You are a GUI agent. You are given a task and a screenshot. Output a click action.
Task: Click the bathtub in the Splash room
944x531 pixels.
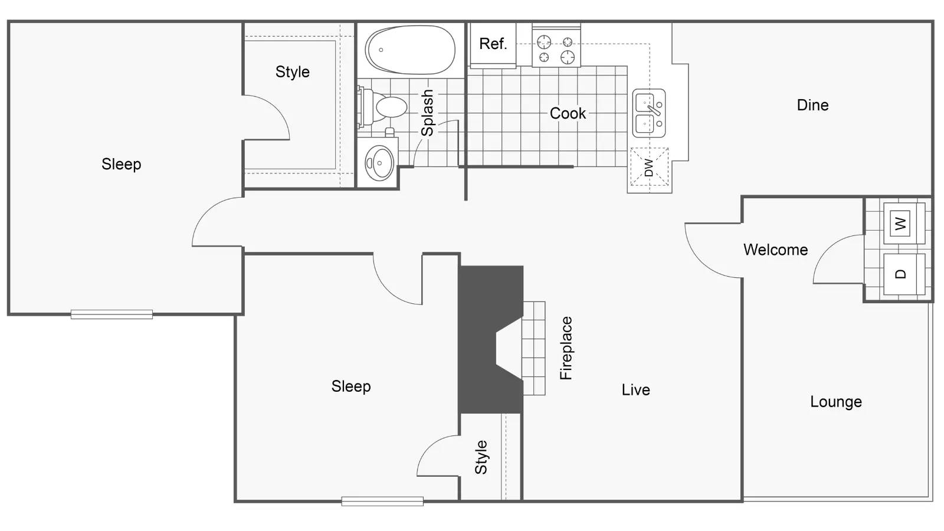pyautogui.click(x=410, y=50)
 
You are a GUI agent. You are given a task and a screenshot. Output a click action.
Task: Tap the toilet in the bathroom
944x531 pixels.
pyautogui.click(x=386, y=107)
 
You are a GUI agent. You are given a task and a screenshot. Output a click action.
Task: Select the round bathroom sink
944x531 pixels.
pyautogui.click(x=379, y=163)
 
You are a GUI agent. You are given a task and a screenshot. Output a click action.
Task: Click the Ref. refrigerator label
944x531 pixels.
pyautogui.click(x=493, y=44)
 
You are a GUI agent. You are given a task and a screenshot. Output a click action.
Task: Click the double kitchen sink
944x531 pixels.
pyautogui.click(x=649, y=113)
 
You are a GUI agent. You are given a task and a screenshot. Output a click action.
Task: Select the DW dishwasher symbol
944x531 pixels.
pyautogui.click(x=649, y=167)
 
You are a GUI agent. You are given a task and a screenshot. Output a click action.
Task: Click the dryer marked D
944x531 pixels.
pyautogui.click(x=900, y=274)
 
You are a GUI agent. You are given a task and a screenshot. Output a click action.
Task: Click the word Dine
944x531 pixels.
pyautogui.click(x=812, y=105)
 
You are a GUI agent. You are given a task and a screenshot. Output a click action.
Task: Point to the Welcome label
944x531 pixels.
pyautogui.click(x=775, y=250)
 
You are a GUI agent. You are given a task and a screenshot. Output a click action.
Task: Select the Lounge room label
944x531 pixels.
pyautogui.click(x=835, y=402)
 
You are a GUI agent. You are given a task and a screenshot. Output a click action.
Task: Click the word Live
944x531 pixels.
pyautogui.click(x=635, y=389)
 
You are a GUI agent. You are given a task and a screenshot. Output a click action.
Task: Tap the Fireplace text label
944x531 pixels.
pyautogui.click(x=566, y=348)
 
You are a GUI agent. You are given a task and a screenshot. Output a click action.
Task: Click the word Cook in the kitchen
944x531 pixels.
pyautogui.click(x=568, y=113)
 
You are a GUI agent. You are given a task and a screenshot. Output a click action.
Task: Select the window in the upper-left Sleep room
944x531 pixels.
pyautogui.click(x=112, y=314)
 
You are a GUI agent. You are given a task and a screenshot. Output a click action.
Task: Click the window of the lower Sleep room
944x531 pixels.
pyautogui.click(x=382, y=501)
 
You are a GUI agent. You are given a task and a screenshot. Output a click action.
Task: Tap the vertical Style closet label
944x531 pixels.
pyautogui.click(x=481, y=457)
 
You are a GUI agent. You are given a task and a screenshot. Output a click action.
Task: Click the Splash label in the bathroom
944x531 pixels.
pyautogui.click(x=427, y=113)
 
